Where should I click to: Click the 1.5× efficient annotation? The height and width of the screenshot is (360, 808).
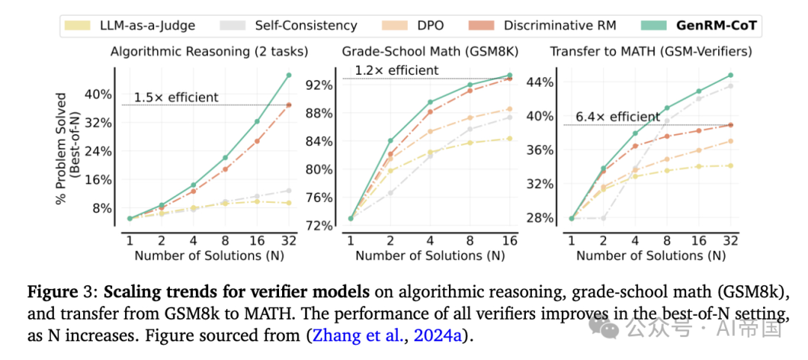coord(177,97)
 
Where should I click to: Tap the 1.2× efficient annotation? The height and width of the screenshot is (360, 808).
coord(397,70)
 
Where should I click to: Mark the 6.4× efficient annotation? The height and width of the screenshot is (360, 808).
coord(618,117)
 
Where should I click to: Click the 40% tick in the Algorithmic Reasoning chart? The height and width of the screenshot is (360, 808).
coord(100,94)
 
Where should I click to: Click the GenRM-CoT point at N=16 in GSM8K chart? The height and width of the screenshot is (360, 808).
coord(509,75)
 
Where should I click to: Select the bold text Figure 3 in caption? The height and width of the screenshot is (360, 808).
coord(65,289)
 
